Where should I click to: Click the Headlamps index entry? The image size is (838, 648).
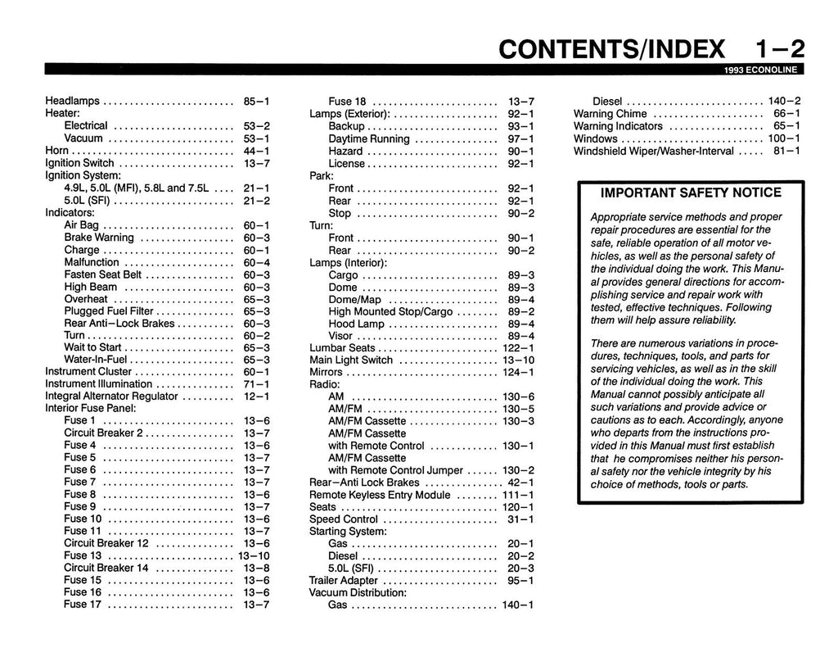[72, 101]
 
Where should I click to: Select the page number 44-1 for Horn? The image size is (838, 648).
[256, 151]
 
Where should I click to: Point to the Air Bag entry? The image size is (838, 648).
[81, 224]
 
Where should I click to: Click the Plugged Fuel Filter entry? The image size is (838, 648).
[109, 311]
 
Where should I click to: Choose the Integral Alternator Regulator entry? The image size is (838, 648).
[111, 396]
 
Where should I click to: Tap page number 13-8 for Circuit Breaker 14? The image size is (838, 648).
[256, 568]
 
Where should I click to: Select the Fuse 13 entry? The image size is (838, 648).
[83, 555]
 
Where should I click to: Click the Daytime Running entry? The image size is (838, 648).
[369, 139]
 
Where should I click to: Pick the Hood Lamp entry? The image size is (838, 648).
[356, 324]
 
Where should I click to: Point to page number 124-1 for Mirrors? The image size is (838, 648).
[517, 373]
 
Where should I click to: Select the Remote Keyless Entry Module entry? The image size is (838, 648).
[380, 495]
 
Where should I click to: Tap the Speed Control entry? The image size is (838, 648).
[344, 519]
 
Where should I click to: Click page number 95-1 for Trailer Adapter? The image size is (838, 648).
[520, 581]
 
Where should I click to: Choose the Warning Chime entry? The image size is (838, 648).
[610, 114]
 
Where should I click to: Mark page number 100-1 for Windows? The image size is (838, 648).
[784, 138]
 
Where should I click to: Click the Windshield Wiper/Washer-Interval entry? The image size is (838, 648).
[654, 151]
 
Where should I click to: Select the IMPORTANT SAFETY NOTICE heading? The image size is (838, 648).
[691, 193]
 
